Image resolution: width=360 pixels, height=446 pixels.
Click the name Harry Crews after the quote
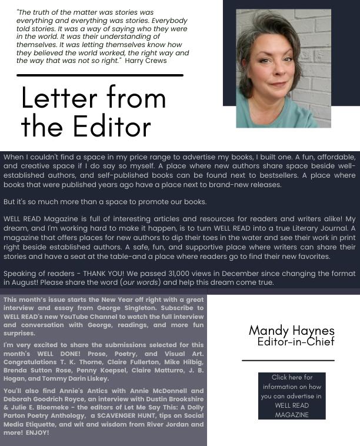tap(146, 61)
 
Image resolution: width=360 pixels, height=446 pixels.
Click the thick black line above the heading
tap(100, 75)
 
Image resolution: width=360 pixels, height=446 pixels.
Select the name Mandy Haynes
tap(291, 331)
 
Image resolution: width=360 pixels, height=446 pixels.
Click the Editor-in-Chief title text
tap(295, 342)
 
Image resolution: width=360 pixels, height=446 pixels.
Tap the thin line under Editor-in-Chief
tap(288, 360)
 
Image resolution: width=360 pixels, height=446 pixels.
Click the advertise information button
tap(292, 396)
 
